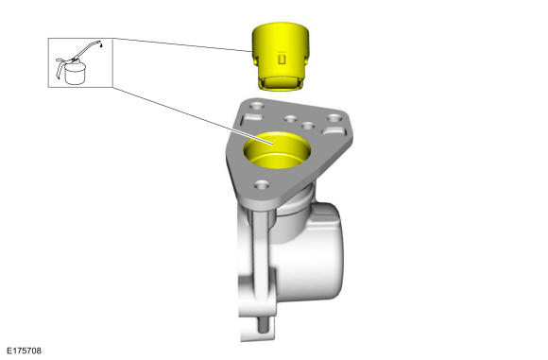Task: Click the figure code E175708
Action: click(x=24, y=351)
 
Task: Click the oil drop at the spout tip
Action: click(x=101, y=45)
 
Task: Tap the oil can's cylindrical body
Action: click(x=75, y=74)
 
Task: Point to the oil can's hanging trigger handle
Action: click(x=60, y=67)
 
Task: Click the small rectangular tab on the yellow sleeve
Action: click(x=282, y=60)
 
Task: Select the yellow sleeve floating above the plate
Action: click(x=281, y=57)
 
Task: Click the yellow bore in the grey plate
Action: click(x=277, y=150)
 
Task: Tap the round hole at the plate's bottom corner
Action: click(x=262, y=184)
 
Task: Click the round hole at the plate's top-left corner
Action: click(x=257, y=105)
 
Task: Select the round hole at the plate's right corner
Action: click(x=334, y=118)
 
